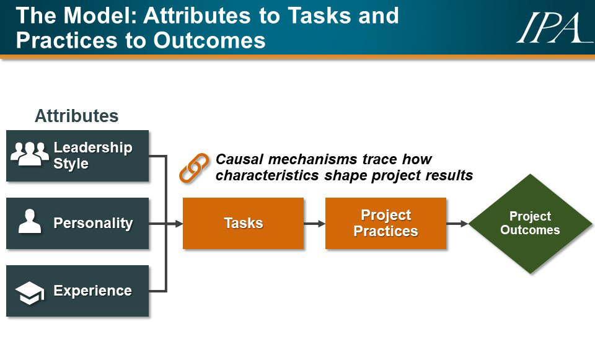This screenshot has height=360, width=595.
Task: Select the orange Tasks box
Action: pos(243,223)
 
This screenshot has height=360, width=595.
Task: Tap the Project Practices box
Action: pos(386,223)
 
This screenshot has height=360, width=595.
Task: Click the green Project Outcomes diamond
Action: pos(530,224)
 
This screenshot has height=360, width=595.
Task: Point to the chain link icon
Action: pos(194,168)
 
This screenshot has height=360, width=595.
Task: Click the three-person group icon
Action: pos(30,154)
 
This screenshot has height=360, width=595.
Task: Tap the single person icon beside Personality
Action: pos(30,221)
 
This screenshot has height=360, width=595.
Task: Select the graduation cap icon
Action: pos(30,293)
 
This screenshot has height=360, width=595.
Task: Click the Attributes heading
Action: pos(77,116)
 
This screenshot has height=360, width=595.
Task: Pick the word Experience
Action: pos(92,291)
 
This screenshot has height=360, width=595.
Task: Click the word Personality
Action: pos(94,223)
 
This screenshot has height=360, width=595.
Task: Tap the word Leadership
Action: pos(93,147)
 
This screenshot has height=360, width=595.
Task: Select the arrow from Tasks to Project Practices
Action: pos(314,224)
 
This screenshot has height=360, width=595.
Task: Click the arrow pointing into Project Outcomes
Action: pos(457,224)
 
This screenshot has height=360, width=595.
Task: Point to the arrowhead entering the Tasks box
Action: pos(178,224)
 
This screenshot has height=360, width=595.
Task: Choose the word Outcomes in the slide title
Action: pos(209,40)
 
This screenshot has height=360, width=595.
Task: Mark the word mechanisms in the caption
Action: pos(312,159)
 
